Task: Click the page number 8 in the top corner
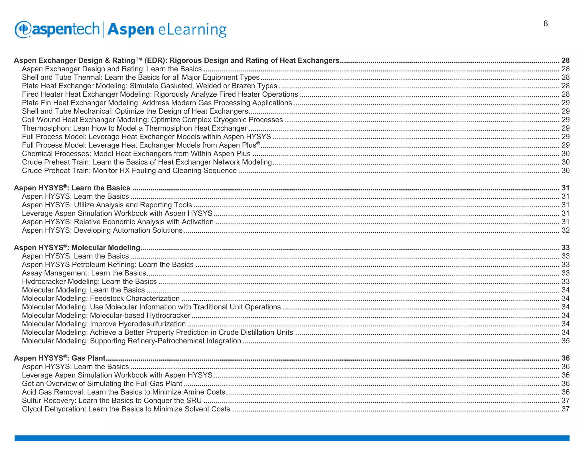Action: click(546, 24)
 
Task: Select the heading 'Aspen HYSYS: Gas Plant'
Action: click(60, 358)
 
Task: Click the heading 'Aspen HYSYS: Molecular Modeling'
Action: click(77, 247)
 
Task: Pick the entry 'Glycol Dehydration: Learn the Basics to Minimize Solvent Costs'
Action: click(126, 409)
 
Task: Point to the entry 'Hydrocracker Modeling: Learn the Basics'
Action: click(89, 282)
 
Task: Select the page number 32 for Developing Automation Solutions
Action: click(565, 230)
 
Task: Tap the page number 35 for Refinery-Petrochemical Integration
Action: click(565, 341)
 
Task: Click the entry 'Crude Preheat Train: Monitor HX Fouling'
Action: click(129, 171)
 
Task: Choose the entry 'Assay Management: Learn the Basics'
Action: click(84, 273)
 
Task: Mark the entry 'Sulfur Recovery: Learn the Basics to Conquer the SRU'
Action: click(112, 401)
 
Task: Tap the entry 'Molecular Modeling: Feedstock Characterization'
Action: click(101, 298)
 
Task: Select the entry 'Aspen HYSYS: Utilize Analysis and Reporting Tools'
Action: click(107, 205)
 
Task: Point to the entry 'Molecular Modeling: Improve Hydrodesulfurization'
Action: click(104, 324)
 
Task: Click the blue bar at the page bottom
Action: click(292, 438)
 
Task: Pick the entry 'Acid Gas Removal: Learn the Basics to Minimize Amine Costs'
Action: click(123, 392)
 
